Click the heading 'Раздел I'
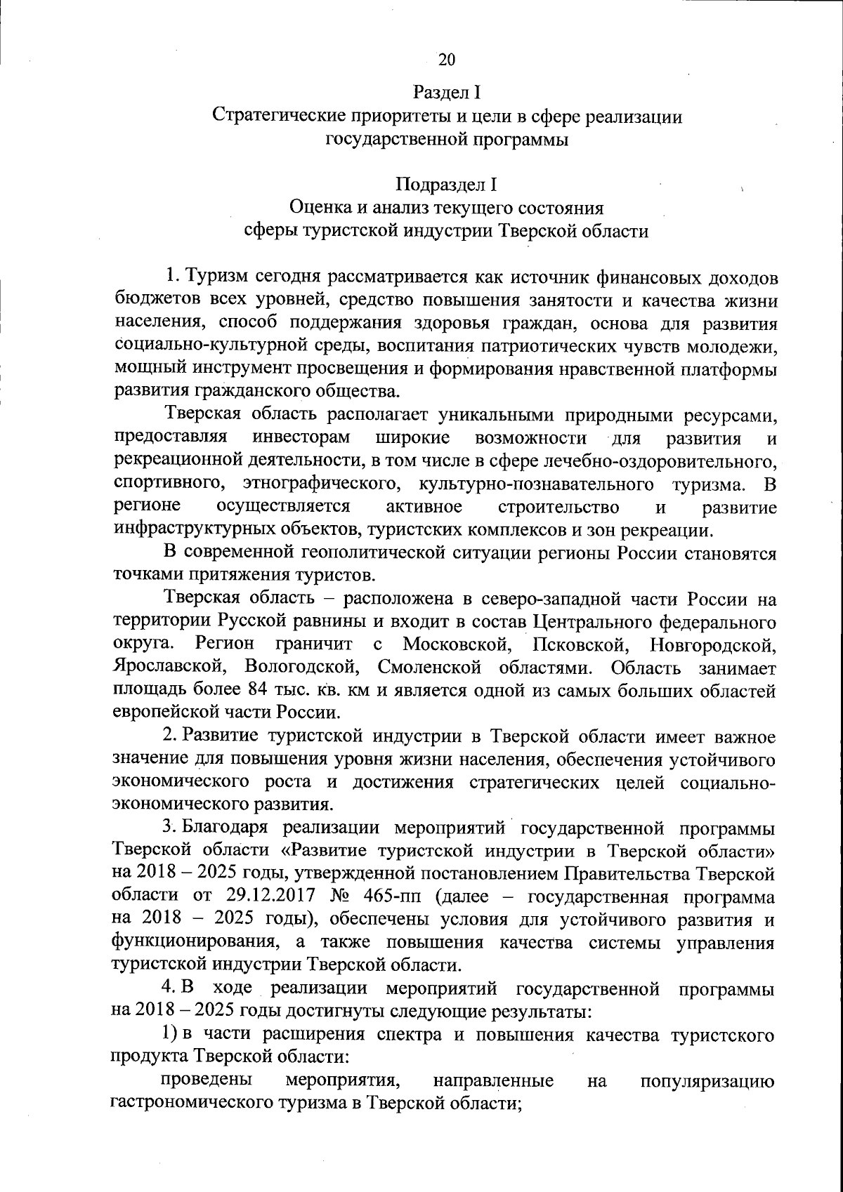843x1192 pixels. tap(446, 93)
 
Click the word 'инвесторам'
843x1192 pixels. tap(301, 438)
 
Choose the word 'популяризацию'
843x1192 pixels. tap(707, 1081)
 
